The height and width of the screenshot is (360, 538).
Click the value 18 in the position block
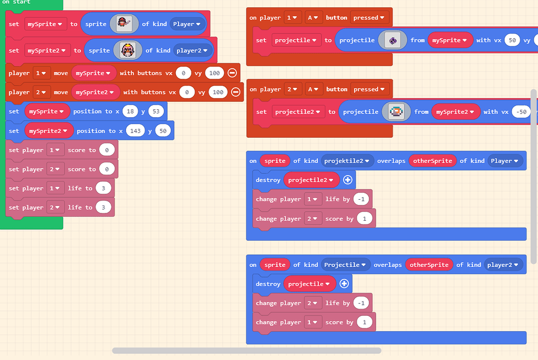[x=130, y=111]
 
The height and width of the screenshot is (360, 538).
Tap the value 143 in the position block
[x=136, y=131]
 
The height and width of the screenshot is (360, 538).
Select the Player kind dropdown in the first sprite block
[x=187, y=24]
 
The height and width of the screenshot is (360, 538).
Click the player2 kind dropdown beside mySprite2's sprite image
[x=194, y=50]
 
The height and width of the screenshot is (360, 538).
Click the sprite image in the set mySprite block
[x=125, y=24]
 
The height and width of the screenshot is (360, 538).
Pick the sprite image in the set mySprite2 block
[x=128, y=50]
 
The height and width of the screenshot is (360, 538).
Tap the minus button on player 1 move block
[x=232, y=73]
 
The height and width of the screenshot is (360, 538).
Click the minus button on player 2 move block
[x=235, y=92]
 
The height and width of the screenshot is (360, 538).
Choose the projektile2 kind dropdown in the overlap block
[x=347, y=160]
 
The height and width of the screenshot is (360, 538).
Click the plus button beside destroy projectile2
[x=347, y=180]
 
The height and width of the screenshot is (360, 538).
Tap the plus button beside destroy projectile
[x=344, y=284]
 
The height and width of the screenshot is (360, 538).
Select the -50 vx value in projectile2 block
[x=521, y=111]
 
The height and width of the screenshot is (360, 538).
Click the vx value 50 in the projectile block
[x=512, y=40]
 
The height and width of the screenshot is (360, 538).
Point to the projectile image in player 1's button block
[x=392, y=40]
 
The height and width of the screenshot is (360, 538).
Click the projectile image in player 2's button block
[x=396, y=111]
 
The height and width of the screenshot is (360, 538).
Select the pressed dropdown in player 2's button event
[x=369, y=89]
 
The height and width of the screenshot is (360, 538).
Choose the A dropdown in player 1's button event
[x=313, y=18]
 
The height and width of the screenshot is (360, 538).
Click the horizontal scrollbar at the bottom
[x=246, y=351]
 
